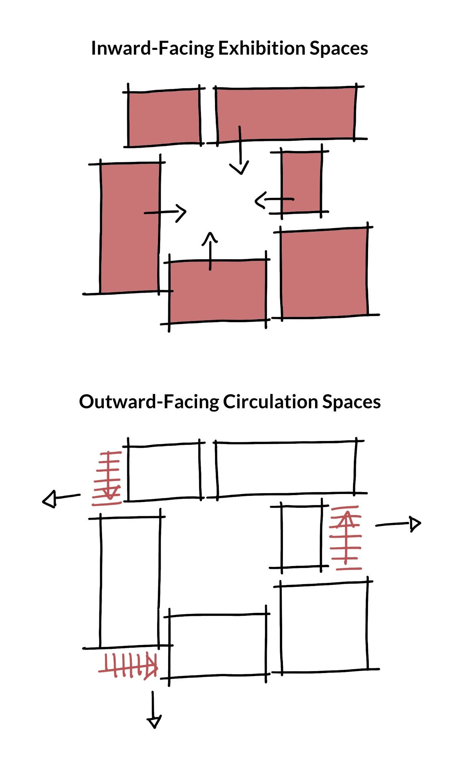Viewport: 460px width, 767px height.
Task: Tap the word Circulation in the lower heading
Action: (x=271, y=402)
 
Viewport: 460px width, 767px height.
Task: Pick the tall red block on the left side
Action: (x=130, y=228)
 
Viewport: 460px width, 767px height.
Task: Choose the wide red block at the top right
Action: (x=286, y=114)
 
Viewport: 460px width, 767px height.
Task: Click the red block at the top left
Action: (x=164, y=118)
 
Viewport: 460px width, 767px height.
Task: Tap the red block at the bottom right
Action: (x=324, y=273)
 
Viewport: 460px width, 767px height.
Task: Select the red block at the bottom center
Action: (x=218, y=291)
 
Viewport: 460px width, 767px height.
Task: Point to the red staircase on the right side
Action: (x=346, y=538)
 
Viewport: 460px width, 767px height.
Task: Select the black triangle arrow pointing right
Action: (x=415, y=523)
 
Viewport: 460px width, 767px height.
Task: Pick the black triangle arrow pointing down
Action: (x=154, y=722)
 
